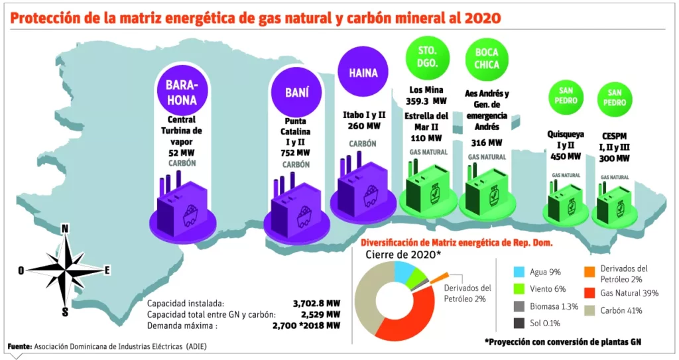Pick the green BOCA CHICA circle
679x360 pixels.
coord(487,58)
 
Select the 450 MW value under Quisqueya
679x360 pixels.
coord(565,156)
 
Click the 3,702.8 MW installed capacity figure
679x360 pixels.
coord(317,302)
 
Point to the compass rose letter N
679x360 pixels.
coord(65,229)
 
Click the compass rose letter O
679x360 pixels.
coord(21,270)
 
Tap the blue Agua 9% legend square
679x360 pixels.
coord(519,272)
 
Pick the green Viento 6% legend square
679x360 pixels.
coord(519,289)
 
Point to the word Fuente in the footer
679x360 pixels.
coord(19,347)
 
